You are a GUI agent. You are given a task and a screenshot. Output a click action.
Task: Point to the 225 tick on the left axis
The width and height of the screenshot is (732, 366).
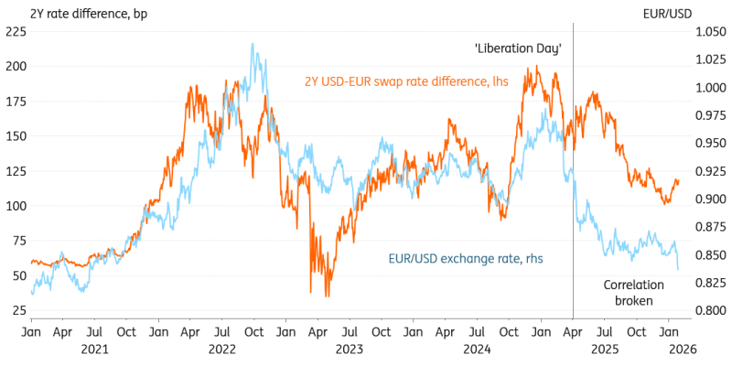click(x=16, y=31)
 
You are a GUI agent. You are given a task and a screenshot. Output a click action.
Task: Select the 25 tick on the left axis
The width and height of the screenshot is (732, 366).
click(x=18, y=311)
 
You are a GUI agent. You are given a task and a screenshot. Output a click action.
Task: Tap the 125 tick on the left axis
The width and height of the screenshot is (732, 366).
click(x=16, y=171)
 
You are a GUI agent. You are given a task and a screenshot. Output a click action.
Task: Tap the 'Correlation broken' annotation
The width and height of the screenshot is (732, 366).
click(x=633, y=294)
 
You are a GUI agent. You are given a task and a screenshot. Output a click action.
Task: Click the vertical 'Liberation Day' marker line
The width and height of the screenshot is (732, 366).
click(x=573, y=183)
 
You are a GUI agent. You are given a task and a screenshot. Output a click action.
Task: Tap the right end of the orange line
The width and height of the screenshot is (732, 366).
click(x=679, y=181)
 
